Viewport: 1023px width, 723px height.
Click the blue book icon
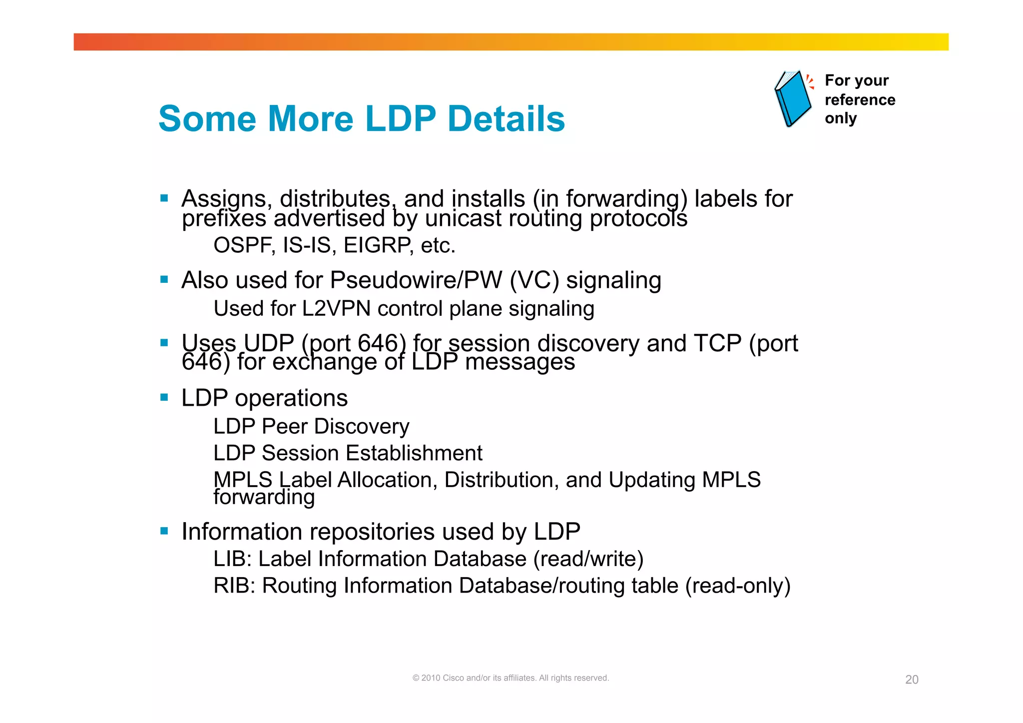click(793, 98)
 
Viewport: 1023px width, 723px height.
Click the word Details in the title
click(506, 119)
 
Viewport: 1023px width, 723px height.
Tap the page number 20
click(911, 680)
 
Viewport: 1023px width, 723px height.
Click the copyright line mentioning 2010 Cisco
click(511, 678)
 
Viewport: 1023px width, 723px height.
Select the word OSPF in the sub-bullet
click(244, 245)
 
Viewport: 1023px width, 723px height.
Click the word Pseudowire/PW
click(416, 280)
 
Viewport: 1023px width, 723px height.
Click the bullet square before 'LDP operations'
click(164, 398)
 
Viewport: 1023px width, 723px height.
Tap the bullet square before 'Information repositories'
click(164, 531)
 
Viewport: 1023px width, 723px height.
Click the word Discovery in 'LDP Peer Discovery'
click(362, 427)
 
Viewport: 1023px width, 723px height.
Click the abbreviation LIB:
click(232, 559)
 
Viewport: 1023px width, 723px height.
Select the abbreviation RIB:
click(234, 586)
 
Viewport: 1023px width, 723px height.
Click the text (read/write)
click(588, 559)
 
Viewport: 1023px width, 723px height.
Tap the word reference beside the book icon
click(860, 100)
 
